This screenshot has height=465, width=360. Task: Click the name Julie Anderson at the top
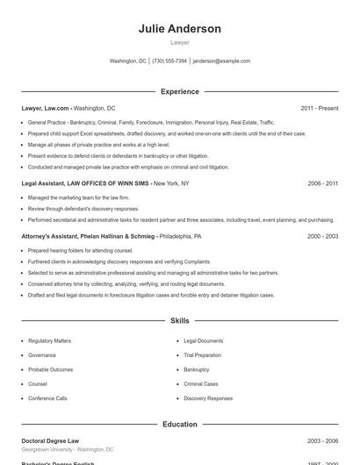[179, 29]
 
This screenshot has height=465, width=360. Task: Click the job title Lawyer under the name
[179, 42]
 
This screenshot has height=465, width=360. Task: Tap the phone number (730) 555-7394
[169, 61]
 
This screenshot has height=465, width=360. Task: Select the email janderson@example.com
[221, 61]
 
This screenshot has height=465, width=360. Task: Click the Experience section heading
[179, 91]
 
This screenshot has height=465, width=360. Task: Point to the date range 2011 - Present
[319, 108]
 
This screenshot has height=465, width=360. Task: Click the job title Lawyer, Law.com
[45, 108]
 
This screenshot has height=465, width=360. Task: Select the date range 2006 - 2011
[322, 183]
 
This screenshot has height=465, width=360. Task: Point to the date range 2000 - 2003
[322, 237]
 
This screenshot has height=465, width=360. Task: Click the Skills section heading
[179, 321]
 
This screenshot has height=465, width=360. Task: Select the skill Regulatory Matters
[49, 340]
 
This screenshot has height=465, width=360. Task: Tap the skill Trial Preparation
[203, 355]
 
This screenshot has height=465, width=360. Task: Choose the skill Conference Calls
[47, 398]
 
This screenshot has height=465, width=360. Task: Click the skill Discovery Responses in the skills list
[208, 398]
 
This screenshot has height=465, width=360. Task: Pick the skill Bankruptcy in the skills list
[197, 369]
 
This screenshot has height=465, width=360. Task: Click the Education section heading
[179, 424]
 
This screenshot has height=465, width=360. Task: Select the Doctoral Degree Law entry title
[50, 440]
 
